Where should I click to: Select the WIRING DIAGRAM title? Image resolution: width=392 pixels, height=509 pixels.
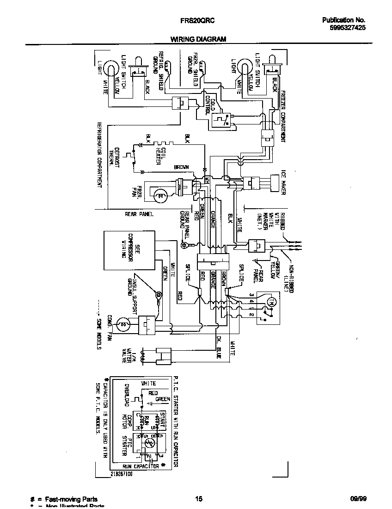(x=197, y=39)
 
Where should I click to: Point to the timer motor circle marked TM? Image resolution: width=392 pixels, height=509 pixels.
(x=272, y=302)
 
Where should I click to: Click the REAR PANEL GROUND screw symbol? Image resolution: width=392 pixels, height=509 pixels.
(x=184, y=244)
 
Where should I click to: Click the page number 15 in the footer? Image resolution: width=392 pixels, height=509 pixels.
(x=198, y=499)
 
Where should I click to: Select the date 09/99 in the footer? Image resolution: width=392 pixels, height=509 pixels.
(x=357, y=499)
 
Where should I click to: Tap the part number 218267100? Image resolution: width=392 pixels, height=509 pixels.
(x=122, y=474)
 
